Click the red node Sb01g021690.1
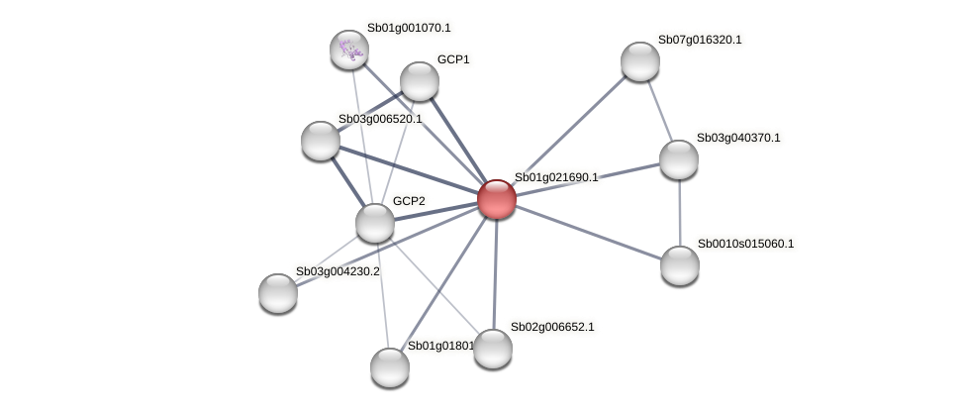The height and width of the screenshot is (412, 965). point(496,199)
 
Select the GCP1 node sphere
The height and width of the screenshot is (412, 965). point(420,81)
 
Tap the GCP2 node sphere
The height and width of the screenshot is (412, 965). point(375,222)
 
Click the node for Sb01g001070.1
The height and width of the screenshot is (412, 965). point(348,50)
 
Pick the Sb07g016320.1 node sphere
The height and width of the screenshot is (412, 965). point(640,61)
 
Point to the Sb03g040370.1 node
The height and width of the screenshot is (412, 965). point(679,159)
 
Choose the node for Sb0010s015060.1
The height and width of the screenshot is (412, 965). point(680,264)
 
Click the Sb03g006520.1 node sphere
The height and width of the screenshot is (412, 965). point(321,141)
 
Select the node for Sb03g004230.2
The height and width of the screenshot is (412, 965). point(278,292)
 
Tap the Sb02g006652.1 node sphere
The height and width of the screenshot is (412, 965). point(493,348)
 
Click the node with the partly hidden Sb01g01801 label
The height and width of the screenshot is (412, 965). point(390,366)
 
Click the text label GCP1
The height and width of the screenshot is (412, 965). point(453,59)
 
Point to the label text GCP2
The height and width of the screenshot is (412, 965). point(409,201)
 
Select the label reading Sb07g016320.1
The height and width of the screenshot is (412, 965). point(699,40)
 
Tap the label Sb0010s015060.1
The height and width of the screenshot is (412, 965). point(744,244)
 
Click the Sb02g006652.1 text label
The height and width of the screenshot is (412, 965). point(552,327)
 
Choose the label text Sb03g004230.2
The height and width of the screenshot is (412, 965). point(338,271)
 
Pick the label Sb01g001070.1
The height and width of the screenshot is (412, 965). point(408,28)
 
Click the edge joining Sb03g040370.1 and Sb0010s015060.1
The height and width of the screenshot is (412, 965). point(679,212)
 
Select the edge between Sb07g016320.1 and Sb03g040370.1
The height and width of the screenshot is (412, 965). point(660,110)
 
